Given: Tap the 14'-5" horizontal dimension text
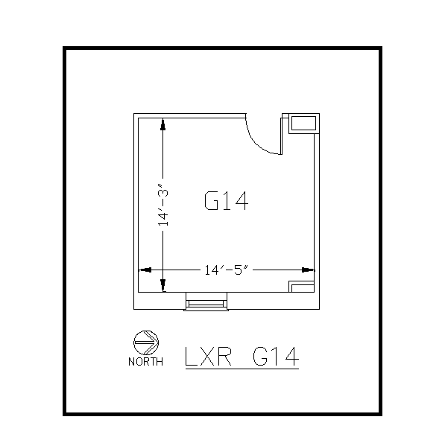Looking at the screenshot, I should [x=224, y=270].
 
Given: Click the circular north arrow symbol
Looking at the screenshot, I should [x=145, y=342].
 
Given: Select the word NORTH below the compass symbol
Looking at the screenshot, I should [x=145, y=363].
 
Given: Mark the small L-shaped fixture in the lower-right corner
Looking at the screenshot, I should [x=301, y=287].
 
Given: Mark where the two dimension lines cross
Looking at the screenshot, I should [x=162, y=270].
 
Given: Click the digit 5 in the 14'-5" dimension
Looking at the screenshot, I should [x=239, y=270].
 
